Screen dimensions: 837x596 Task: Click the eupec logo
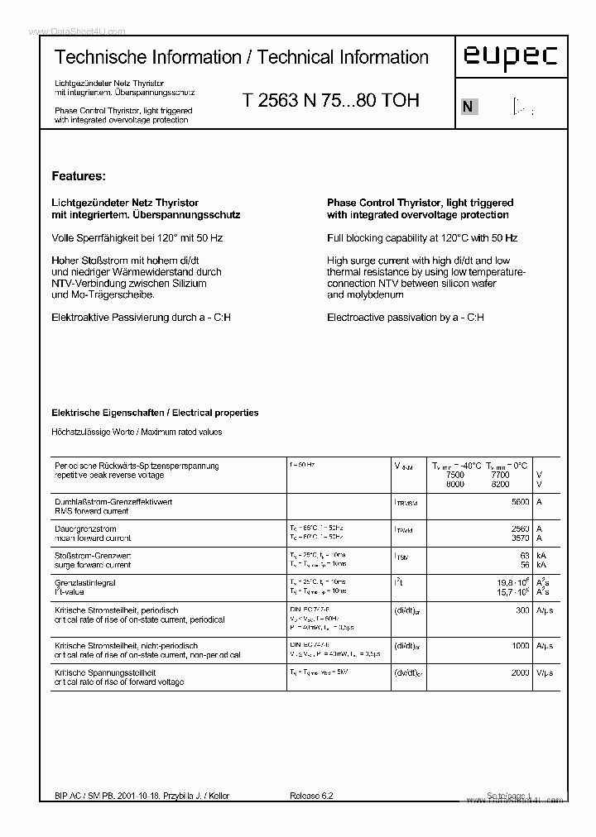(x=510, y=56)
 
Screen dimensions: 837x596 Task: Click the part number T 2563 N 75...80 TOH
(x=331, y=101)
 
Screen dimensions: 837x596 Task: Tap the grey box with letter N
(x=469, y=107)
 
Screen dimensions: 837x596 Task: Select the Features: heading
(x=79, y=176)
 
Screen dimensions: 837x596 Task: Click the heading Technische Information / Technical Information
(x=241, y=58)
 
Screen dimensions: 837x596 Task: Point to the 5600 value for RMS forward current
(x=520, y=502)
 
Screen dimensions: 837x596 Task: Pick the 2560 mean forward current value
(x=520, y=529)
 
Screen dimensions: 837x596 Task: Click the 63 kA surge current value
(x=524, y=555)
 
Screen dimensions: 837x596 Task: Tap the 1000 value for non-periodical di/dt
(x=520, y=645)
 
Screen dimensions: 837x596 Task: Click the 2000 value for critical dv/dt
(x=520, y=672)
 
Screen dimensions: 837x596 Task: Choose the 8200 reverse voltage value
(x=500, y=484)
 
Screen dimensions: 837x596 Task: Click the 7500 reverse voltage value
(x=454, y=476)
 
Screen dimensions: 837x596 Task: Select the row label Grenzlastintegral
(x=84, y=582)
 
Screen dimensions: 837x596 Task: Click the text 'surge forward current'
(x=93, y=565)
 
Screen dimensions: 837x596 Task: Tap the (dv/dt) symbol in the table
(x=409, y=673)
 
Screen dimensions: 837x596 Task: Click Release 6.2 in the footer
(x=311, y=796)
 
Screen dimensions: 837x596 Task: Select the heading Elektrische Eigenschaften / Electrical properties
(x=155, y=413)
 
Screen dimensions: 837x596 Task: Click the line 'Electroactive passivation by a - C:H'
(x=406, y=318)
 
